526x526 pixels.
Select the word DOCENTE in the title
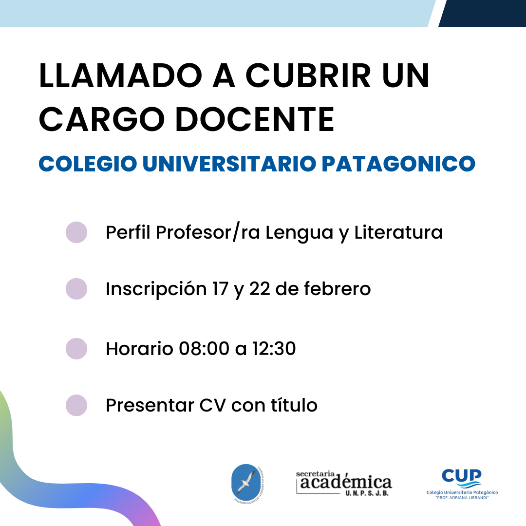(255, 119)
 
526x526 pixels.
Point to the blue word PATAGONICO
(398, 164)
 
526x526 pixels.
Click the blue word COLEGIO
(88, 164)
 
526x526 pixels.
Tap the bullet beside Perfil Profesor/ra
(76, 232)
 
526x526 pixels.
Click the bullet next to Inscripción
(76, 289)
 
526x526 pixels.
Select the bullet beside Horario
(76, 349)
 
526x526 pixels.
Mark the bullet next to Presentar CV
(76, 405)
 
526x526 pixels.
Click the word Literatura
(398, 232)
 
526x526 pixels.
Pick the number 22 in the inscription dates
(260, 289)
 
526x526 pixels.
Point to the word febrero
(337, 288)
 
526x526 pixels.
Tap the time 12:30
(274, 349)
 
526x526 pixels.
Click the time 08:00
(204, 349)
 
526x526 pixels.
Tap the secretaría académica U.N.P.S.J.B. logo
(344, 483)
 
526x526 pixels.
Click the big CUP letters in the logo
(462, 476)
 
